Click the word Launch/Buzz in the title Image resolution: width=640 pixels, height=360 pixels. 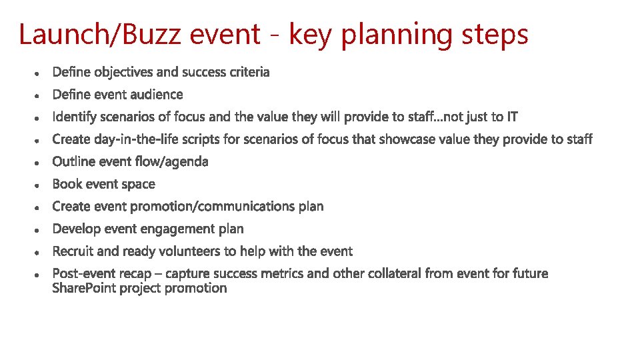click(x=100, y=35)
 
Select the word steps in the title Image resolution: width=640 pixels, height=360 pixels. click(x=496, y=35)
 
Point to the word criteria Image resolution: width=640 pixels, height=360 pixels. click(x=249, y=72)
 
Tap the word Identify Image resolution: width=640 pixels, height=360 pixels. click(x=74, y=117)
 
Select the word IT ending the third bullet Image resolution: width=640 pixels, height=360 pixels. click(x=511, y=117)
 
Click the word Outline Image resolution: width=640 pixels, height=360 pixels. click(x=73, y=162)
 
